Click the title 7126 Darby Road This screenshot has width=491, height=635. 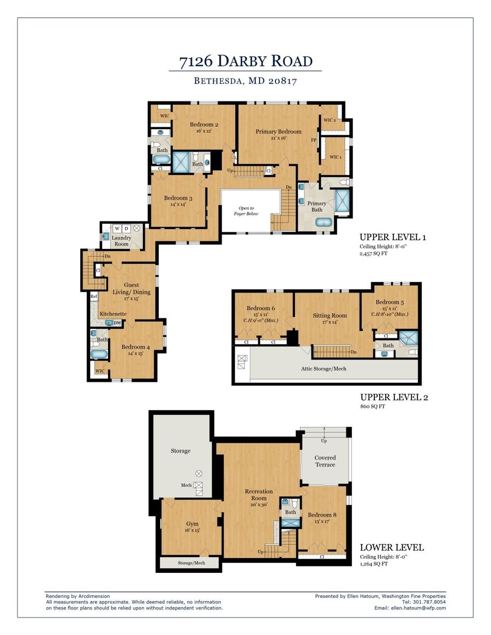[246, 61]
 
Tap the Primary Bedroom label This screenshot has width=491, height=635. [278, 131]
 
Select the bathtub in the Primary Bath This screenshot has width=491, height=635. [324, 223]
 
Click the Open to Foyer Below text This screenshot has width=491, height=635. [246, 211]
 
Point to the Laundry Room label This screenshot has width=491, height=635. [121, 241]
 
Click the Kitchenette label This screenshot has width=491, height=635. [113, 314]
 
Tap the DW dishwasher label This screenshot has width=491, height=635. [117, 323]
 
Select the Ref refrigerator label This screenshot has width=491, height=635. [94, 296]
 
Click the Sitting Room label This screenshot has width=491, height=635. [330, 316]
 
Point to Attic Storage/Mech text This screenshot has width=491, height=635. [324, 369]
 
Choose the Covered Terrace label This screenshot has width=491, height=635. [325, 462]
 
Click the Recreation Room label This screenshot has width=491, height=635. [259, 495]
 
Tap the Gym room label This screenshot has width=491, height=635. [193, 524]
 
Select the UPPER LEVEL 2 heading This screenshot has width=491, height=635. [394, 397]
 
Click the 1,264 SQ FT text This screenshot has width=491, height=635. [374, 564]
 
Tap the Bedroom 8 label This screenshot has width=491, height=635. [322, 515]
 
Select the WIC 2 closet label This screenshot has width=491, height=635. [330, 120]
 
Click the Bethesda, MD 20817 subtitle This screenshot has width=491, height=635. [245, 81]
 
